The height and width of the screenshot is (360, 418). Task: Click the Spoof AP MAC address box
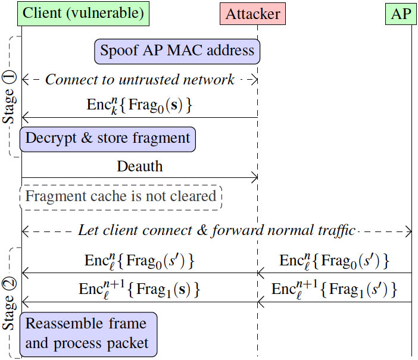177,51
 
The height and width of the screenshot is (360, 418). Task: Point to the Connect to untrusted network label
140,80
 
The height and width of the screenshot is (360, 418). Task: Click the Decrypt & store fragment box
107,139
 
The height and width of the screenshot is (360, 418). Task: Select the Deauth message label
140,167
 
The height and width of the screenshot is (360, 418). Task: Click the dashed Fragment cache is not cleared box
120,196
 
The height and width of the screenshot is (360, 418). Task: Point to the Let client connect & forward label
217,230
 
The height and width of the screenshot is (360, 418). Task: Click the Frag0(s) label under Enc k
161,107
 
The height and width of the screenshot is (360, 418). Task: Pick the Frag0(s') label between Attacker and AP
355,261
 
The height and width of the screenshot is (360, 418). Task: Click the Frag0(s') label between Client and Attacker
162,261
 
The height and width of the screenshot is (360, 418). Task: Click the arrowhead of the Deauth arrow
254,177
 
